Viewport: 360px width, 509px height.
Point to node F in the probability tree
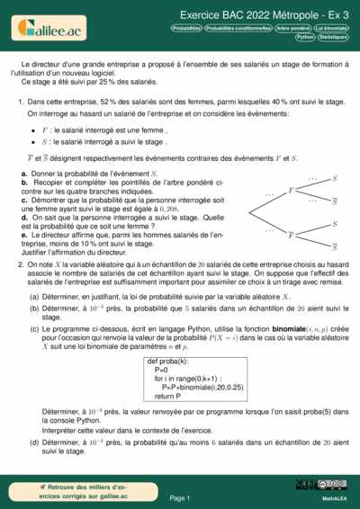coord(290,191)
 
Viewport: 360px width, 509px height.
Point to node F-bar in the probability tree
coord(290,235)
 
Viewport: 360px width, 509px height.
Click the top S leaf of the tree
coord(335,179)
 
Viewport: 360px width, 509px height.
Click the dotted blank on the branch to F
coord(268,195)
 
